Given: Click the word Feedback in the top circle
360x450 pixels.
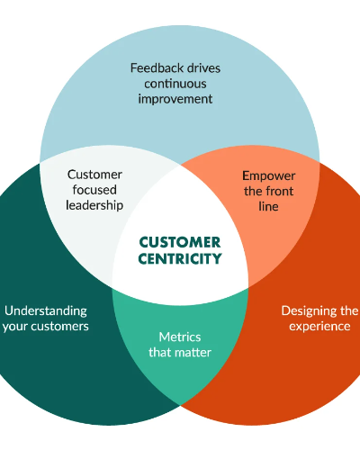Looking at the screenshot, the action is coord(153,68).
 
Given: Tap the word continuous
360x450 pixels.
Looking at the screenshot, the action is coord(175,84).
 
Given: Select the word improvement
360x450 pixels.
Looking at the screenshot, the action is coord(175,99).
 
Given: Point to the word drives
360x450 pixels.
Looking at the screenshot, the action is coord(200,68).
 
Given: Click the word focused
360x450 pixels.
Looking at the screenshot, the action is coord(94,190).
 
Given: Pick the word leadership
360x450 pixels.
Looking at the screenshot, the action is coord(94,205).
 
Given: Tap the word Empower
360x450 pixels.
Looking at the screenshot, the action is coord(269,176).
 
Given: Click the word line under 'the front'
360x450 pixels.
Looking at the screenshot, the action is coord(268,206).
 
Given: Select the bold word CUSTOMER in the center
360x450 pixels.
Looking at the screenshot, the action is coord(180,242).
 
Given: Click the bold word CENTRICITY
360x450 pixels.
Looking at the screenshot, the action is coord(180,258).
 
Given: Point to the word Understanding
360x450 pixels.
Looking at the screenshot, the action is coord(46,311).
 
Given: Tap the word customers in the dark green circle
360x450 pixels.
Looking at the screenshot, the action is coord(59,327).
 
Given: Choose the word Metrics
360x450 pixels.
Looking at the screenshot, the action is coord(180,337).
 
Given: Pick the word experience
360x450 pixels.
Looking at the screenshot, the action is coord(319,327).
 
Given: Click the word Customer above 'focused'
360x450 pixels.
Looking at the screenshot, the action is coord(94,175).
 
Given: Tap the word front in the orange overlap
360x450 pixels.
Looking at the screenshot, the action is coord(280,191).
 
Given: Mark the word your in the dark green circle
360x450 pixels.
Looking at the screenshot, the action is coord(15,328).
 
